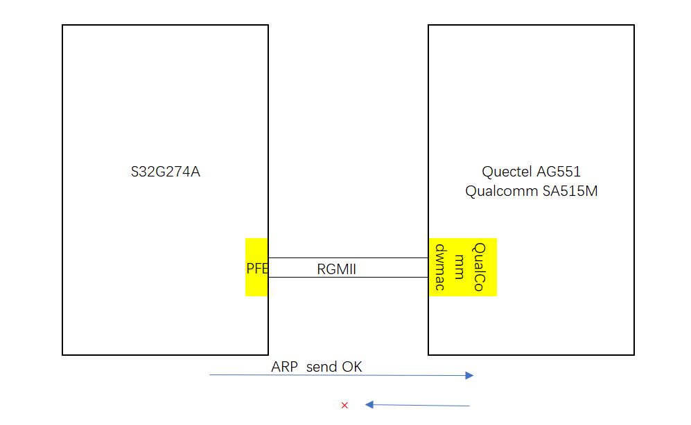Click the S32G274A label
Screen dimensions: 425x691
(165, 172)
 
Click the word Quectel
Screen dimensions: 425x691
(508, 172)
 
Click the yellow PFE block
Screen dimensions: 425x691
(256, 268)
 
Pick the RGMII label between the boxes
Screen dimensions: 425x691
(336, 269)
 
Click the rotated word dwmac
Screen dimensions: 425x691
(440, 266)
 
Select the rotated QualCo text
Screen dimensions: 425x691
(478, 266)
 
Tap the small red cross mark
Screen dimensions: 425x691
(344, 405)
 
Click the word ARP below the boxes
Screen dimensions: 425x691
(285, 367)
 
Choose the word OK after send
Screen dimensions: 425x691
(351, 367)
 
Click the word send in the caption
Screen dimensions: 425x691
(321, 367)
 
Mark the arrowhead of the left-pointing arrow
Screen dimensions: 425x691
(369, 405)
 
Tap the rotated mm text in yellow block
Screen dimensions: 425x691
(459, 266)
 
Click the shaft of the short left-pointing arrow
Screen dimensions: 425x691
(423, 405)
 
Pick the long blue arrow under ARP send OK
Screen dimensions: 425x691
(340, 375)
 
